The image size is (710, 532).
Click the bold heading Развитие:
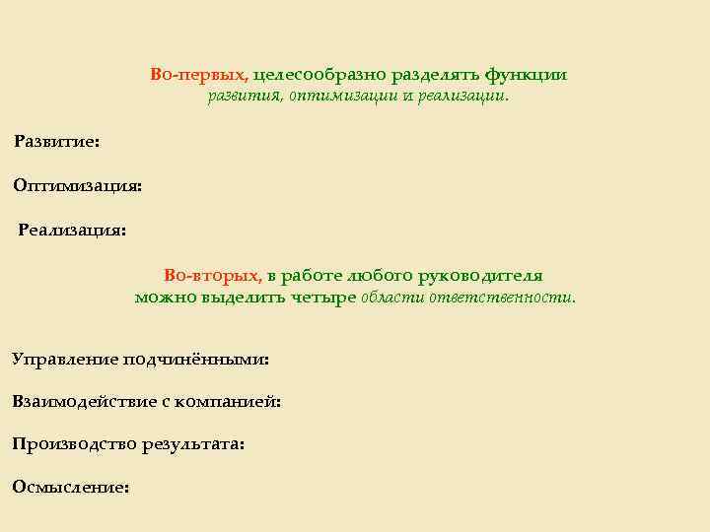56,142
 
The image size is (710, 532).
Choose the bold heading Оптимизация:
77,185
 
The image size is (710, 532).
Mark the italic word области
393,298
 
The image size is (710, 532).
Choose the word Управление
65,360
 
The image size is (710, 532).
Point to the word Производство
74,444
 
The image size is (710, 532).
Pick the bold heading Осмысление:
70,488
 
